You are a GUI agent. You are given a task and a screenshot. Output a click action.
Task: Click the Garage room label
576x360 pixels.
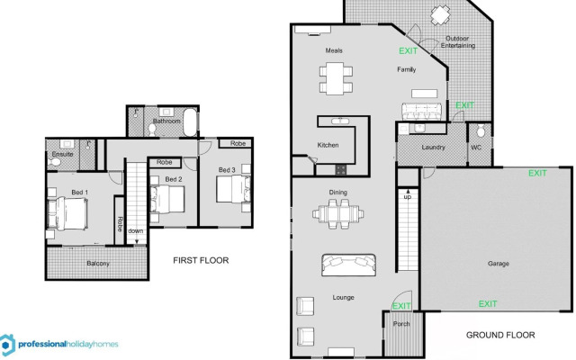click(x=499, y=264)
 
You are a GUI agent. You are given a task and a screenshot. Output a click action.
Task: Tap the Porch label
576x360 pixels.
click(x=401, y=325)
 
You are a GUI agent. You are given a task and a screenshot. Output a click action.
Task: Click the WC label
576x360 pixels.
click(x=476, y=147)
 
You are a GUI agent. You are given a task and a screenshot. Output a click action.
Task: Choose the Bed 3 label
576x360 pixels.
click(x=227, y=169)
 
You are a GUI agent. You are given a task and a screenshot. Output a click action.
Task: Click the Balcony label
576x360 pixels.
click(x=98, y=263)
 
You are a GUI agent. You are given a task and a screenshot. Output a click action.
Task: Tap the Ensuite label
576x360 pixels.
click(x=62, y=154)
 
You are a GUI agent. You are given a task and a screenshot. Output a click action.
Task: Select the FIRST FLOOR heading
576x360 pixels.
click(x=201, y=260)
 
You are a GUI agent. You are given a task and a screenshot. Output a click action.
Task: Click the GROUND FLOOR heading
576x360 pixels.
click(x=500, y=335)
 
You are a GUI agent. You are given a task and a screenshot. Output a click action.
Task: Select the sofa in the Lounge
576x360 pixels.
click(x=348, y=265)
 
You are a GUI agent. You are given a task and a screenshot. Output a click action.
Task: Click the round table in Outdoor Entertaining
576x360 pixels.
click(x=440, y=14)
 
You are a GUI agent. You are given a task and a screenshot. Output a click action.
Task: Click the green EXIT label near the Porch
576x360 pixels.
click(x=401, y=307)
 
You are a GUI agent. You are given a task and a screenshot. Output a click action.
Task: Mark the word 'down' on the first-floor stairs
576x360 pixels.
click(x=134, y=230)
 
